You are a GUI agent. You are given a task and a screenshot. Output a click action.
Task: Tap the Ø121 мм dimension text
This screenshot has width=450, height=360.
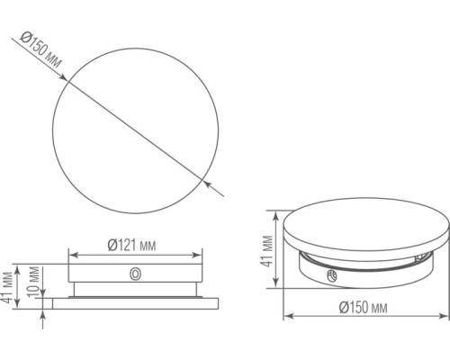click(x=132, y=245)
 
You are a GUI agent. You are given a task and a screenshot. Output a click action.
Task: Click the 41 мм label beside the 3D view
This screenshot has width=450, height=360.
click(x=267, y=249)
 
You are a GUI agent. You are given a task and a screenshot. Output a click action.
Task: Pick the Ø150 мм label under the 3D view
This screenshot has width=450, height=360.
click(x=364, y=309)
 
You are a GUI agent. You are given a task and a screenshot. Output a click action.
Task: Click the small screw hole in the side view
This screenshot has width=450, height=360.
click(x=135, y=274)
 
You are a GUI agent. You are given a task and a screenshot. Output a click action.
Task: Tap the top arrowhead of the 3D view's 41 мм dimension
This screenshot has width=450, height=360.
click(x=276, y=214)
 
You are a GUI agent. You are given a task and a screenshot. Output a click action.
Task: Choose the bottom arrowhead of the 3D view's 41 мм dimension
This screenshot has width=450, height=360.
click(x=276, y=285)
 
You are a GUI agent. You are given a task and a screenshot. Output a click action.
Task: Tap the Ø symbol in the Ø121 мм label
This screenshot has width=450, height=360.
click(x=112, y=245)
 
